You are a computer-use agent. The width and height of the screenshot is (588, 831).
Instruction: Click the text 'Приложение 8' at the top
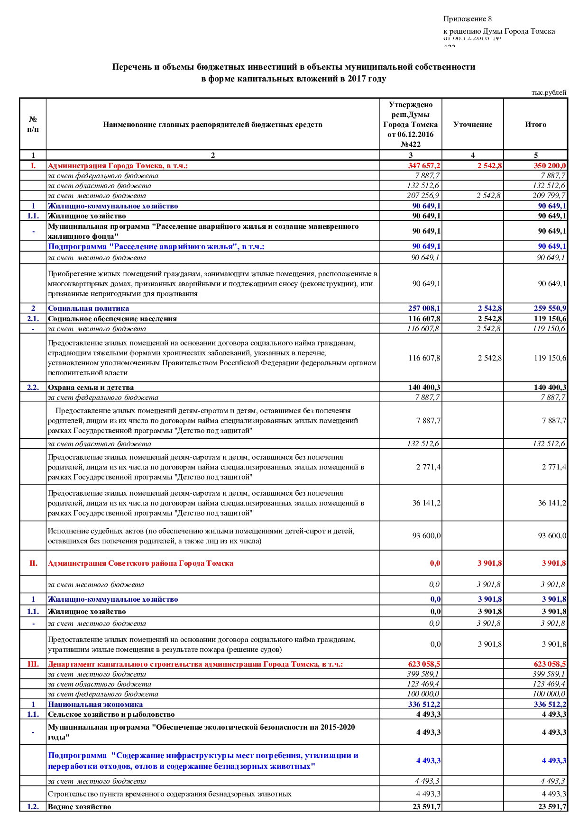467,19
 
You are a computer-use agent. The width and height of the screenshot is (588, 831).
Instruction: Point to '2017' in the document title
357,79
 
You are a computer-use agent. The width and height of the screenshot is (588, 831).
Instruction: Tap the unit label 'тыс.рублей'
549,93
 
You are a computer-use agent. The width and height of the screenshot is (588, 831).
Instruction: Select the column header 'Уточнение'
472,125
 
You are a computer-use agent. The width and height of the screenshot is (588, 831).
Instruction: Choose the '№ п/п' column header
33,124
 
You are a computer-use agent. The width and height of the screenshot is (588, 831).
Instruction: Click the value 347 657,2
424,166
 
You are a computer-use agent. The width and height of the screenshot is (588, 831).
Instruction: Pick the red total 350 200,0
549,166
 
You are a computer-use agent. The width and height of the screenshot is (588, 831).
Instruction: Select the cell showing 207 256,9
423,196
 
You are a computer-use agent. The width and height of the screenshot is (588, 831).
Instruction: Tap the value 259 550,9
550,308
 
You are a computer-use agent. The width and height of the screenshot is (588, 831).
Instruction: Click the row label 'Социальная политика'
88,308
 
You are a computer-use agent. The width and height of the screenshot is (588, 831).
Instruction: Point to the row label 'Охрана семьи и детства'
91,388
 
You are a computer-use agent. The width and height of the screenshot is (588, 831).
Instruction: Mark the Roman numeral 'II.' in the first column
33,563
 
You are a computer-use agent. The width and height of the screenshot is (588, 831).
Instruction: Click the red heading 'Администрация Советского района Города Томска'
140,563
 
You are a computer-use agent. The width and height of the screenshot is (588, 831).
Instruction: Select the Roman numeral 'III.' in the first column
33,664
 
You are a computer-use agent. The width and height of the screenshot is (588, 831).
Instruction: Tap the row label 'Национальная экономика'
95,705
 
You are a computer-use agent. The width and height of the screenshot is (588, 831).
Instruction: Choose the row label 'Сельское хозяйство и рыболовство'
111,714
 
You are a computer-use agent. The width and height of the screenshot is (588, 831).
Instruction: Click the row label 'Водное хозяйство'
79,807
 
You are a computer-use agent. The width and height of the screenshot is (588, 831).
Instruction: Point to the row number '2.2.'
33,388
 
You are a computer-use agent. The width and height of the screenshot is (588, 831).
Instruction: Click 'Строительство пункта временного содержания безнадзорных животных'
169,794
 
